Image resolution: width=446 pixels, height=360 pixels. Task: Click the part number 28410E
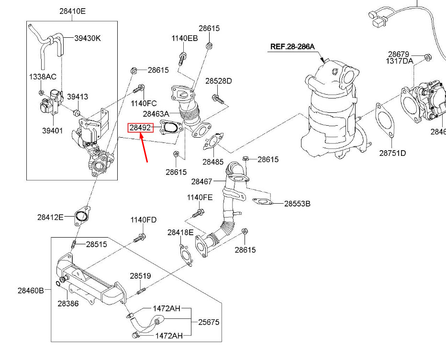72,11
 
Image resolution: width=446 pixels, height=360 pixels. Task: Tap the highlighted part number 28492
140,128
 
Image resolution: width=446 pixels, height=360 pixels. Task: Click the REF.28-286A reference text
292,47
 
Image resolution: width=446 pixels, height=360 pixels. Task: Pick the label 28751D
392,153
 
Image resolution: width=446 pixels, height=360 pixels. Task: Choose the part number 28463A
156,114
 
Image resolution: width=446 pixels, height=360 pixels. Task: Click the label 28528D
218,81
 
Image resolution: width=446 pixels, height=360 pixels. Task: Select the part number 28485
213,162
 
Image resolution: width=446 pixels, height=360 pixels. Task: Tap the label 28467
201,182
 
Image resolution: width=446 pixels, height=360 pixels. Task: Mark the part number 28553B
297,203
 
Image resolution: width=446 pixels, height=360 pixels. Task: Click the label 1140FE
200,197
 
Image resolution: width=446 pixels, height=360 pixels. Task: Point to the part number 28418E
180,232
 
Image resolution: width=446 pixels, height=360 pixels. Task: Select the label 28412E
50,217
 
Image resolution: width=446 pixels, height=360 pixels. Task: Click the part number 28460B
31,290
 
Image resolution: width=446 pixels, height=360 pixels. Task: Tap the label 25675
209,322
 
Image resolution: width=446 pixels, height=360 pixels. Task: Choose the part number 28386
68,303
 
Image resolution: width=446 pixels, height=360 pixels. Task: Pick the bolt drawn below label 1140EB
182,59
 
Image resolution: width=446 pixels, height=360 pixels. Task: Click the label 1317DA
400,61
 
